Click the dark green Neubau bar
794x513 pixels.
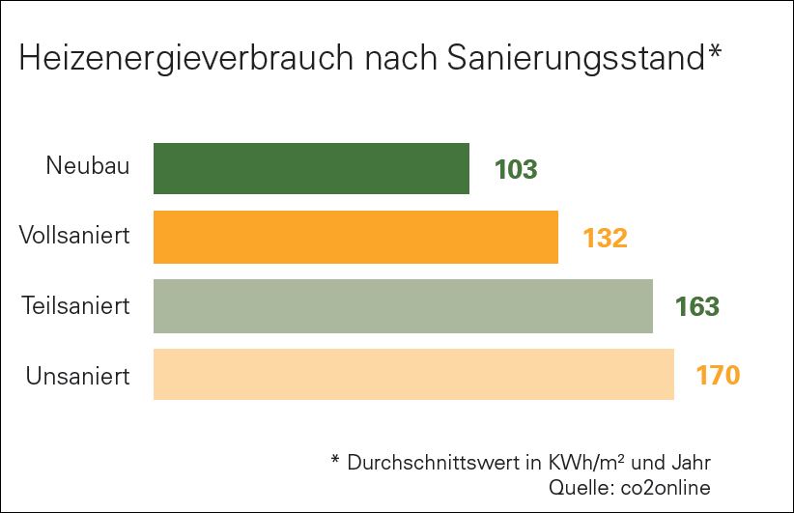(311, 169)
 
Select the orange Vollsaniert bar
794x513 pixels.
(355, 237)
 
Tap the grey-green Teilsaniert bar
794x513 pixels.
(403, 306)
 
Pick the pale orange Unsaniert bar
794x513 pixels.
(413, 374)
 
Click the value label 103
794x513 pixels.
(515, 170)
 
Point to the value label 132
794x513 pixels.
(605, 238)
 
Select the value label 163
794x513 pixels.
(697, 307)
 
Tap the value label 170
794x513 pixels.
(718, 375)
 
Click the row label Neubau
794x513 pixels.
(87, 166)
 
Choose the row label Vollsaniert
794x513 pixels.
(74, 235)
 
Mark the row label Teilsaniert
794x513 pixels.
(75, 305)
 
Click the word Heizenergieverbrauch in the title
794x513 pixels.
(182, 60)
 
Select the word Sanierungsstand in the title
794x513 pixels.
(577, 60)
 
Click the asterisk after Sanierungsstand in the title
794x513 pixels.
(716, 51)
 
